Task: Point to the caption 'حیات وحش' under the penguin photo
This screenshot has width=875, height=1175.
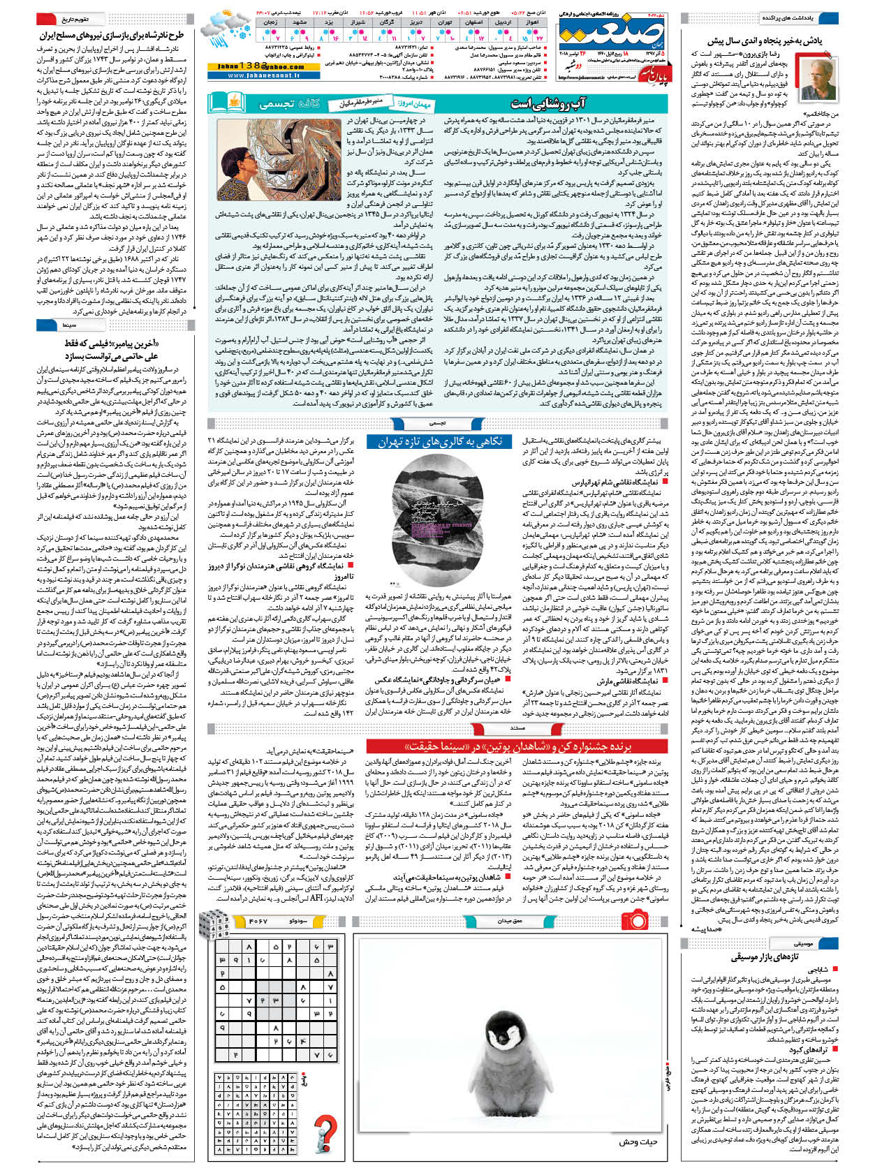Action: pos(638,1142)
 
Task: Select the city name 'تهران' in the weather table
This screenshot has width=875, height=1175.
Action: pos(445,22)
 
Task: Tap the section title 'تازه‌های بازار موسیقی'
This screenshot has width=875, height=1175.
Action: pos(765,956)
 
